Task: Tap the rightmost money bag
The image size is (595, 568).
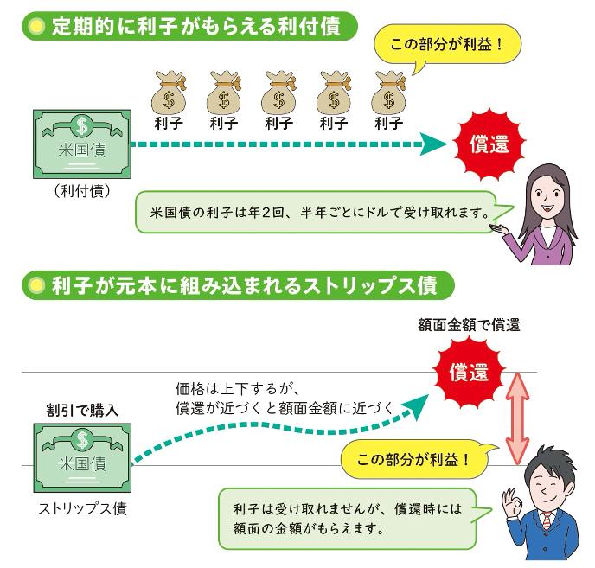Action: coord(389,91)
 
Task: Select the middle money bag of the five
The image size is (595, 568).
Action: coord(278,91)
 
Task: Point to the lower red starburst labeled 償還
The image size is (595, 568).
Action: coord(468,373)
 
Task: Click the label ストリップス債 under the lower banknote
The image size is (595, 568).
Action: coord(82,508)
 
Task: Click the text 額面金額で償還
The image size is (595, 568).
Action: coord(469,326)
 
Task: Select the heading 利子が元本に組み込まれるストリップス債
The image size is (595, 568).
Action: coord(230,284)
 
